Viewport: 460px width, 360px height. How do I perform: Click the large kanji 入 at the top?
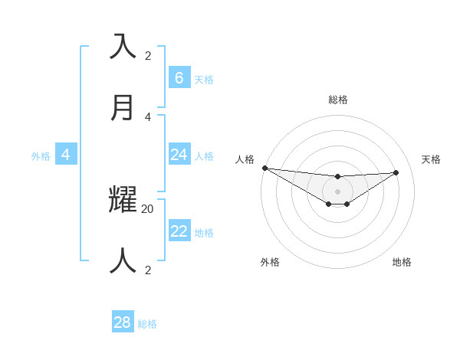tap(123, 46)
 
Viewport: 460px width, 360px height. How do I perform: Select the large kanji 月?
tap(123, 107)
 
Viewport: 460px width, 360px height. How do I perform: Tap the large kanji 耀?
tap(123, 199)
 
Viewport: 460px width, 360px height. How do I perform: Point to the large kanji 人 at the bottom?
tap(123, 260)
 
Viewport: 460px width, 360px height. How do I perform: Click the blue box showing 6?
tap(179, 77)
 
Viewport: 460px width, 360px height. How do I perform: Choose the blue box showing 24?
tap(179, 155)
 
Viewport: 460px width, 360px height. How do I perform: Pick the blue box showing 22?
tap(179, 231)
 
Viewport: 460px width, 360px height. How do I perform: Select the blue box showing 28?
tap(123, 322)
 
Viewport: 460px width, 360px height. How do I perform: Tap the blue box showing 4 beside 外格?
tap(66, 155)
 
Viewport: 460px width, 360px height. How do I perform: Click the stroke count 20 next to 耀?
tap(148, 208)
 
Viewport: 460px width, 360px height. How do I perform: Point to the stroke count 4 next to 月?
tap(148, 116)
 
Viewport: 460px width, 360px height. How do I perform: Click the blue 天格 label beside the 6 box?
tap(204, 80)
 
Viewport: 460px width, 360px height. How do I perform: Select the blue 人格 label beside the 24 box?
tap(204, 156)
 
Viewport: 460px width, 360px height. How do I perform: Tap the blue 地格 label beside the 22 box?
tap(204, 233)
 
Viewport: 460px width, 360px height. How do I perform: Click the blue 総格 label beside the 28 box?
tap(147, 324)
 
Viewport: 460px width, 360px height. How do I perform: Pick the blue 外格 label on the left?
tap(41, 156)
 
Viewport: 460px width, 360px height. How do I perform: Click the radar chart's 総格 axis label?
tap(338, 100)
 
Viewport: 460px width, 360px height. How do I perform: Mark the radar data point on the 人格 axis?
tap(264, 168)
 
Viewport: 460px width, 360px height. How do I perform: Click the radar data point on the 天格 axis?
tap(396, 172)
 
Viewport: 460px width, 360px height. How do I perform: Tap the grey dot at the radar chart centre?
tap(338, 191)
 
